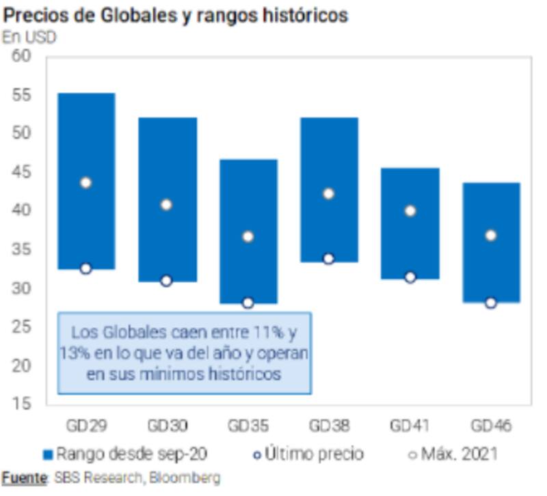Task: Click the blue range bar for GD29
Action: point(85,137)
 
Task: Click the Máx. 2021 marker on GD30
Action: point(166,204)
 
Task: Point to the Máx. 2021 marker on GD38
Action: point(328,193)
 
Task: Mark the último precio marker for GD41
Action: point(410,277)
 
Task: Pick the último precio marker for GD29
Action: point(85,268)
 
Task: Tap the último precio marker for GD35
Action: point(248,303)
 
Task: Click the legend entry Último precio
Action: point(315,454)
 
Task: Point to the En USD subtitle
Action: point(29,37)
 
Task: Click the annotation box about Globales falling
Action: point(185,353)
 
